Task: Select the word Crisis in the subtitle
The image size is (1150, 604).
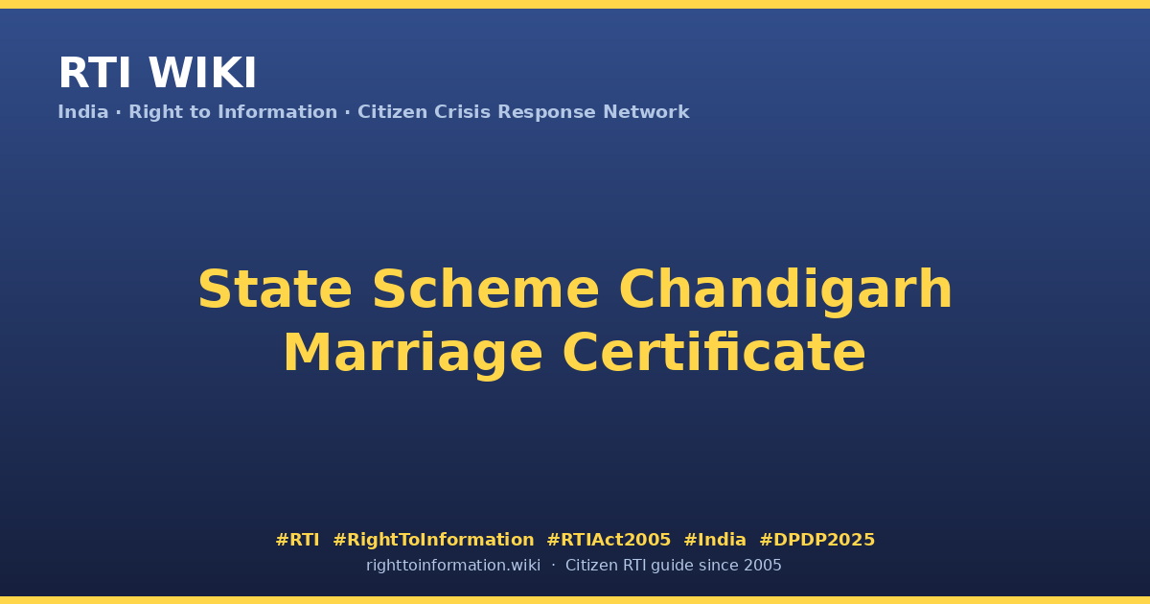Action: [462, 112]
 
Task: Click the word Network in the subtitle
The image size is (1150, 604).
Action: [646, 112]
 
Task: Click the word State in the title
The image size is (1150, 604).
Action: [275, 290]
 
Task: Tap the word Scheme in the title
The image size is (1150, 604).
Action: [486, 290]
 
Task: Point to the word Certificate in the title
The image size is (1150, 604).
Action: [714, 353]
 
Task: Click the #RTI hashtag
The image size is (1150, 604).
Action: [297, 540]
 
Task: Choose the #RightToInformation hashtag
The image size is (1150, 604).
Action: [433, 541]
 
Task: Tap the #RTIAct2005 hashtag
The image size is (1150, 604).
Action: [609, 540]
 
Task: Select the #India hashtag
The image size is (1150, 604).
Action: [715, 540]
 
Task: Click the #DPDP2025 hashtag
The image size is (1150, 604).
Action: [816, 540]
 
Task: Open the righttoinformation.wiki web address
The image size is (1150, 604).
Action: [452, 566]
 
